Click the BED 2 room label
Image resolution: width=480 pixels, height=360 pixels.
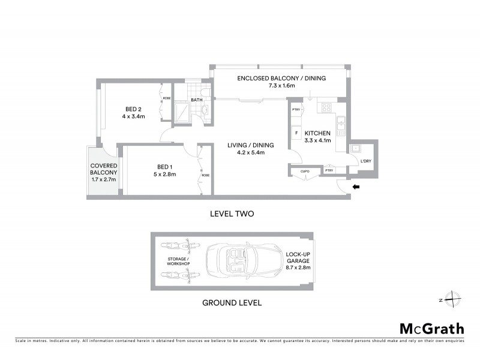tap(133, 109)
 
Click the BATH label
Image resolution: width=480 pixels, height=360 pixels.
tap(196, 100)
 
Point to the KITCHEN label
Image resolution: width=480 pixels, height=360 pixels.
tap(317, 133)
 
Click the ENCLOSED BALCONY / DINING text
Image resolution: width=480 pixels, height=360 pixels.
tap(281, 78)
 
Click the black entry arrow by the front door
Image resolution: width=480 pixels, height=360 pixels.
tap(355, 187)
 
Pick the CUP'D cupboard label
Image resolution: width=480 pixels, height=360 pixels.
tap(304, 172)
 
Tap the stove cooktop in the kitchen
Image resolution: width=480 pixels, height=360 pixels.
tap(328, 108)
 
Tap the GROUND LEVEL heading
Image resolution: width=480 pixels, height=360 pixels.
tap(232, 303)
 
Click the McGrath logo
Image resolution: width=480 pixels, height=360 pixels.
tap(431, 328)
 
